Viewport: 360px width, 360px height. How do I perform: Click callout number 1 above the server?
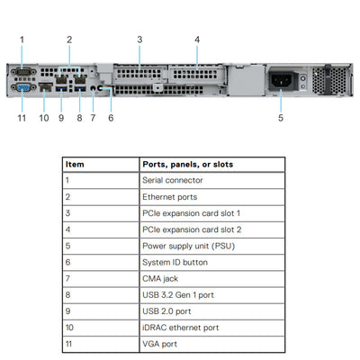[22, 39]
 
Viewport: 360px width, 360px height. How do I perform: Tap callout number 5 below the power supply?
[281, 117]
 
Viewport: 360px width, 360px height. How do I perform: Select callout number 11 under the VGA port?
[22, 117]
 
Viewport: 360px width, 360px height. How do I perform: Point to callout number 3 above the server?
[139, 39]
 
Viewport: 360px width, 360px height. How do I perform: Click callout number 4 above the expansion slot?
[197, 39]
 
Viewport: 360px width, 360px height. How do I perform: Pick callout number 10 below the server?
[44, 117]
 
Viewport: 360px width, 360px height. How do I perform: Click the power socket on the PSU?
[281, 81]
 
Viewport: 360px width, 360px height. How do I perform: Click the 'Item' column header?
[76, 165]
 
